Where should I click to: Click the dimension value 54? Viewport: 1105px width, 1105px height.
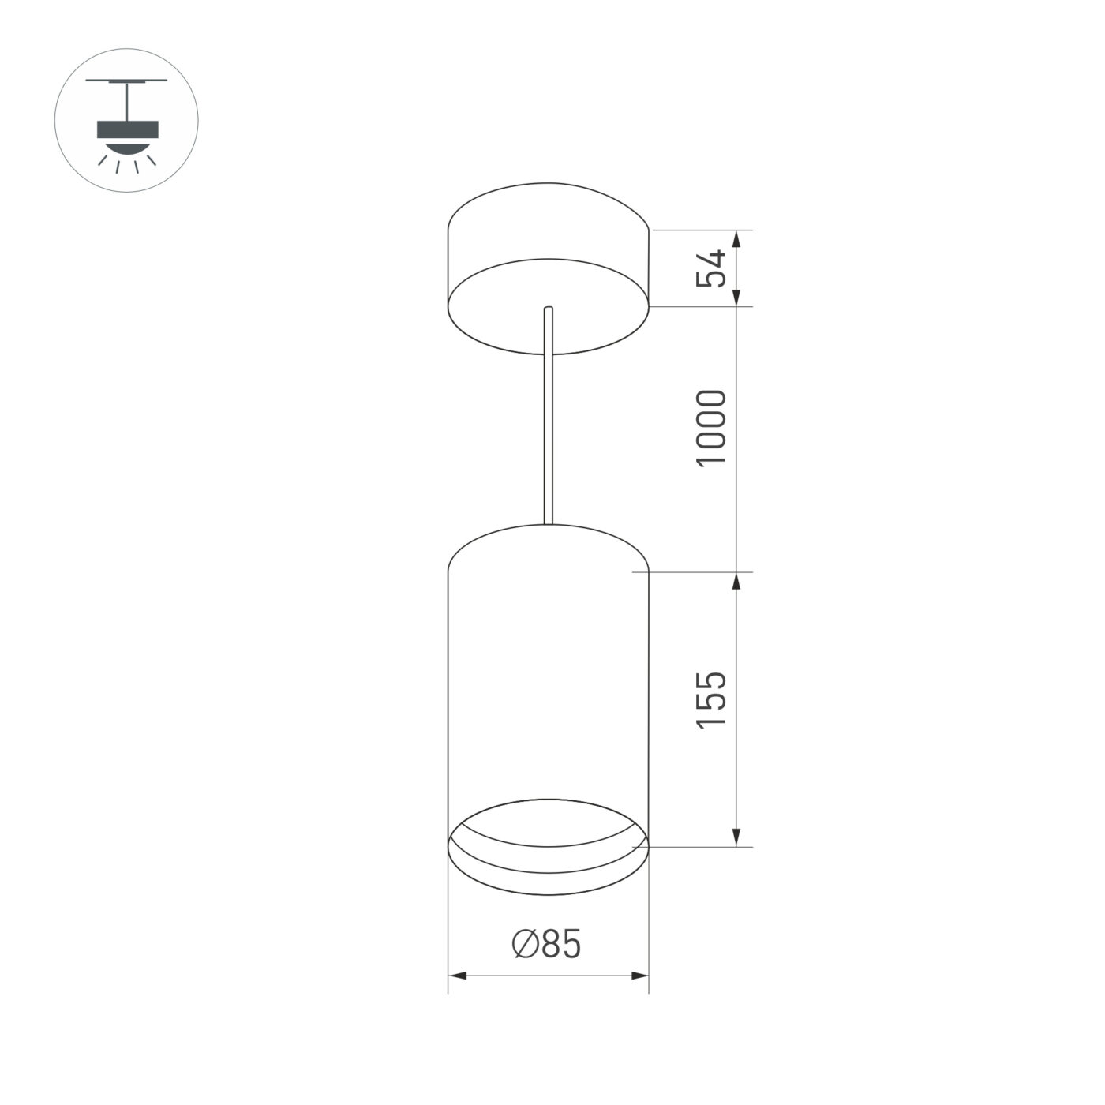coord(710,268)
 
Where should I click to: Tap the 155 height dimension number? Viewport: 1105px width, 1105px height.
coord(710,699)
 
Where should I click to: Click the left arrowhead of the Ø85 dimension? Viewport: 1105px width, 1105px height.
coord(456,976)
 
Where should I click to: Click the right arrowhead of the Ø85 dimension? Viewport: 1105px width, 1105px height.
coord(640,976)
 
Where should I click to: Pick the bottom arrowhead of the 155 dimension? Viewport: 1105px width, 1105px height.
coord(736,838)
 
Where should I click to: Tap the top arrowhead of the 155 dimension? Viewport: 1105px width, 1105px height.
coord(736,581)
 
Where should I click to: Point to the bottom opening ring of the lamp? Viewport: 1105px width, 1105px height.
coord(548,856)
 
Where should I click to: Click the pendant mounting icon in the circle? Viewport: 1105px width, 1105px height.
coord(126,121)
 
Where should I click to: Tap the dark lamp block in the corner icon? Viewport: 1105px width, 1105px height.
coord(127,130)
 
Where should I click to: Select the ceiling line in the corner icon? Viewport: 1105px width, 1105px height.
coord(126,81)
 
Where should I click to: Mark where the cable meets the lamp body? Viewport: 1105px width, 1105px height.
coord(548,523)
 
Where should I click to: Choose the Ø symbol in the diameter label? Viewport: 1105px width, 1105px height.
coord(526,944)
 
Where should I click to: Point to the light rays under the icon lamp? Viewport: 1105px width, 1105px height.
coord(127,163)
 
